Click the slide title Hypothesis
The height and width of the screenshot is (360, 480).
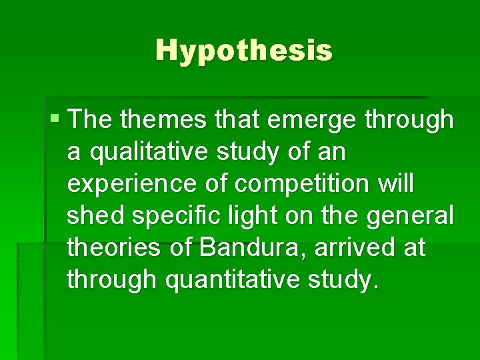(243, 50)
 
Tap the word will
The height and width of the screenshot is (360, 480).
(395, 183)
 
